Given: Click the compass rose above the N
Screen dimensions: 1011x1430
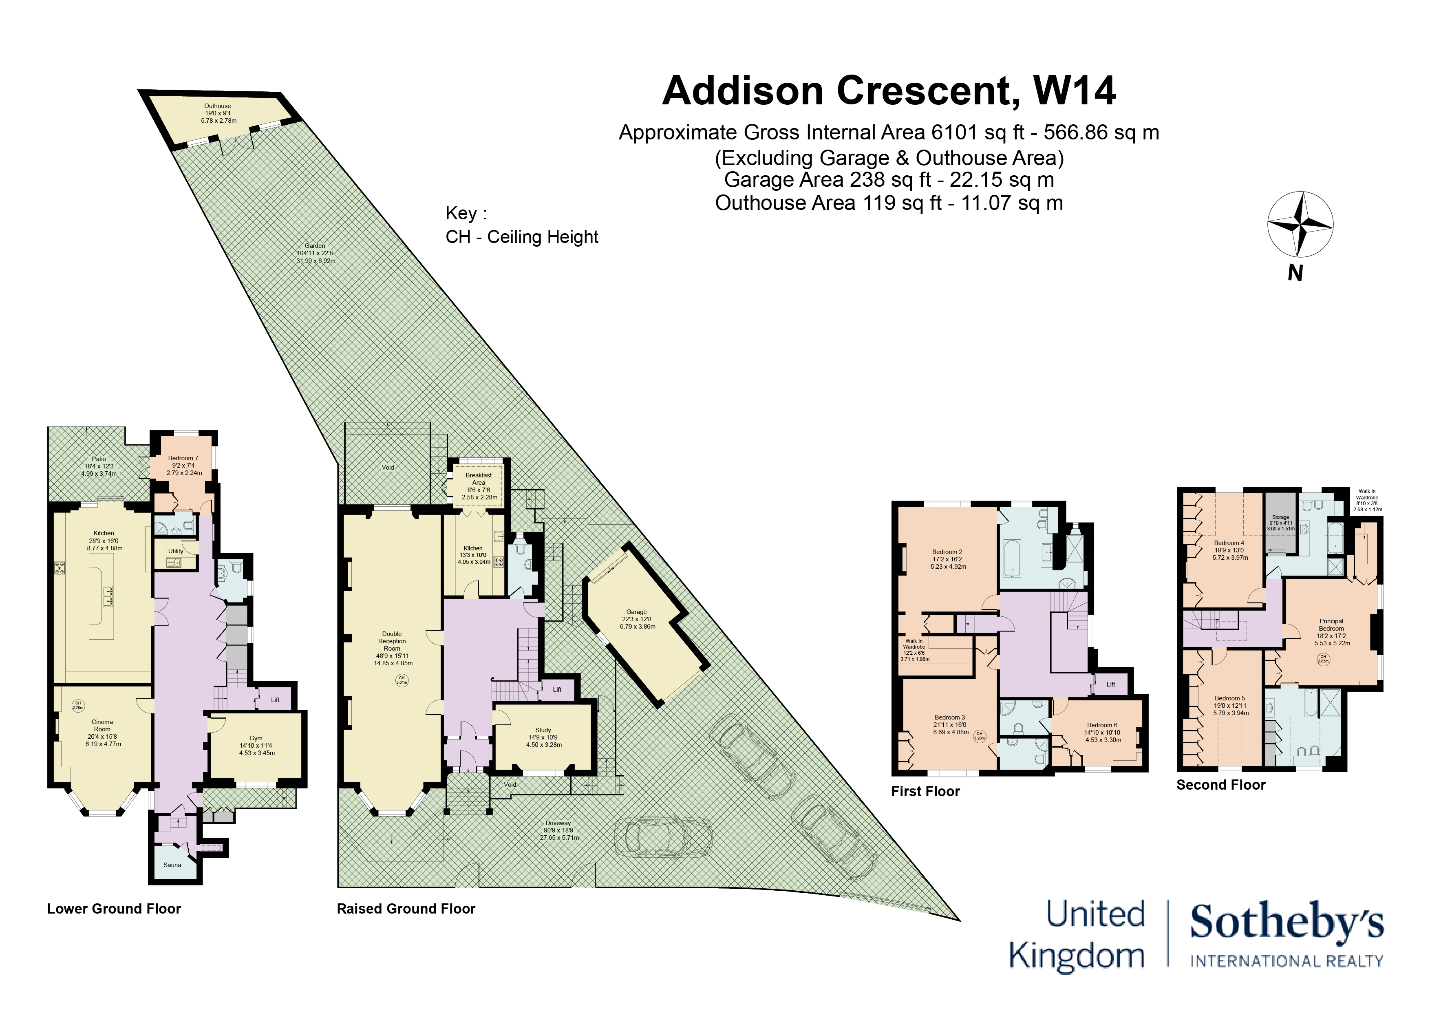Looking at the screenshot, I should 1300,224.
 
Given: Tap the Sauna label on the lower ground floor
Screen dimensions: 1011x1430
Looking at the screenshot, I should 172,865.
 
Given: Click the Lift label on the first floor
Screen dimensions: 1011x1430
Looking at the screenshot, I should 1110,684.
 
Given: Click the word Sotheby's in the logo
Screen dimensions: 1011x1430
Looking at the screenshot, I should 1287,923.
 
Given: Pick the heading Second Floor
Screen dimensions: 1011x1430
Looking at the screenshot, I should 1221,785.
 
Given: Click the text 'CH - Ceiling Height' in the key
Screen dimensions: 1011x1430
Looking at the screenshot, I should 522,237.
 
